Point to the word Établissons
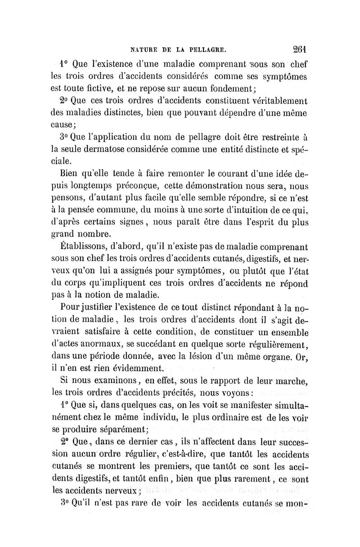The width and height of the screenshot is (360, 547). (81, 248)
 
